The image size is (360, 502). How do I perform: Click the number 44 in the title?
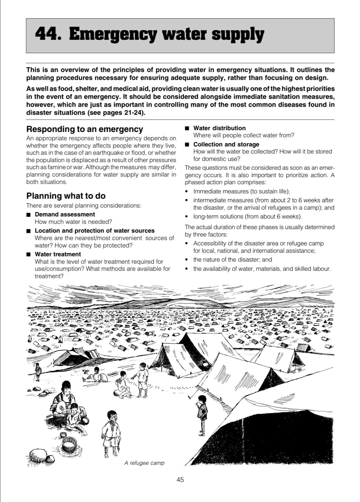47,35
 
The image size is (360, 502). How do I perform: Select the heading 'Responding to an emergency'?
85,129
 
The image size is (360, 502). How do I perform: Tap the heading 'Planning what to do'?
66,196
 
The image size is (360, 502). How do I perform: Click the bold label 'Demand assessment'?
65,214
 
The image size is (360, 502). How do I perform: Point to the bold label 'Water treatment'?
58,254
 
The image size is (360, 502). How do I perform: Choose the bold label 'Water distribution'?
220,128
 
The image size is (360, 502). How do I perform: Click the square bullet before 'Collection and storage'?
186,145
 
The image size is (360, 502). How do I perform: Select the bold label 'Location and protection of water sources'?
95,231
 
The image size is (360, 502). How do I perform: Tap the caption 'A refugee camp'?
144,463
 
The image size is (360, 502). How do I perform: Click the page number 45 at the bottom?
180,480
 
